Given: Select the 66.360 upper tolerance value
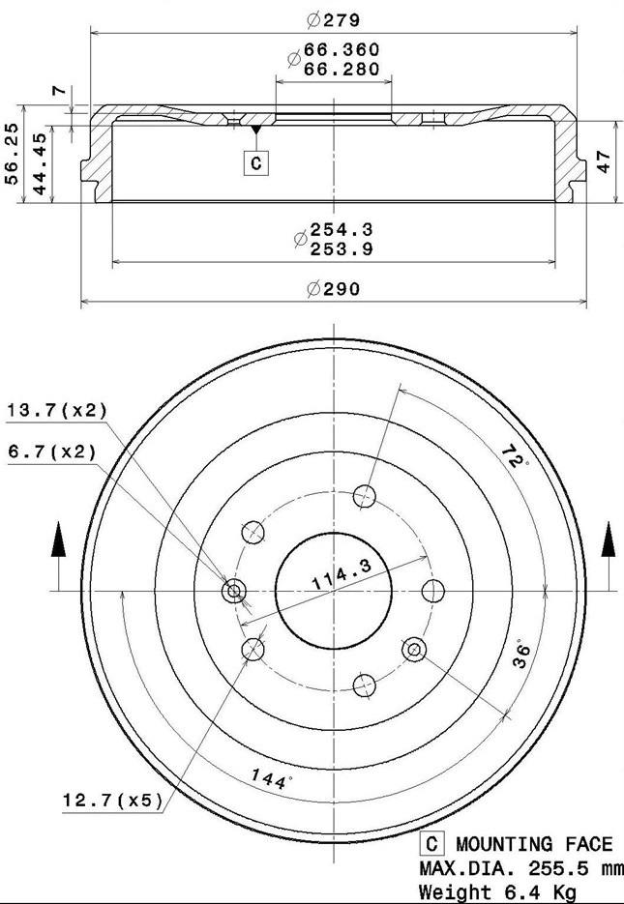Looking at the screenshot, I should point(342,49).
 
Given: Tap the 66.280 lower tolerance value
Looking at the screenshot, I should point(342,69).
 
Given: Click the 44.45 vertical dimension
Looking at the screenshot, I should point(40,164).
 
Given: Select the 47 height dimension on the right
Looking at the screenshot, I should point(603,162).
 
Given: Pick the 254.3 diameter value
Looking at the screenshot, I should point(341,229).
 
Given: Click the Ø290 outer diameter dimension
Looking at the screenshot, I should point(333,288).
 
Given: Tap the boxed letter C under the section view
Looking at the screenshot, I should point(255,163).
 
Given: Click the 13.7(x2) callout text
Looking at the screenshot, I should point(57,411).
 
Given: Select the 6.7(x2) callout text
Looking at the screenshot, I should point(51,451).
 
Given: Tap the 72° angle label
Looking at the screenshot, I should point(514,456).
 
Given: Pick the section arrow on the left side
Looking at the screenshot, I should point(58,540).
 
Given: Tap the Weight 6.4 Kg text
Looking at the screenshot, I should point(496,890).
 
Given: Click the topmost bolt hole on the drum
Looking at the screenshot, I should point(365,496).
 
